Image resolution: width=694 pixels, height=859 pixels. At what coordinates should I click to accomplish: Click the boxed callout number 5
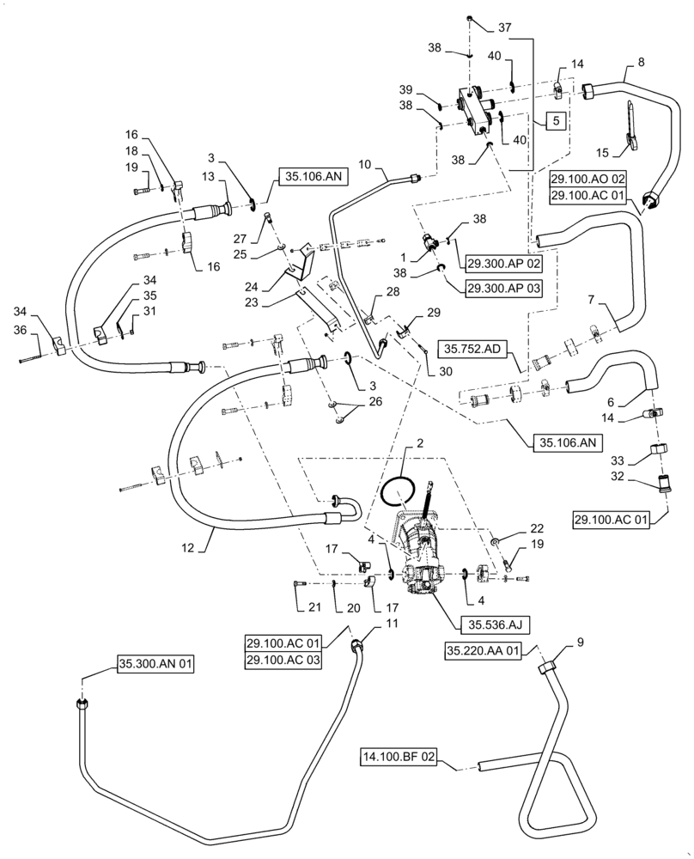(556, 122)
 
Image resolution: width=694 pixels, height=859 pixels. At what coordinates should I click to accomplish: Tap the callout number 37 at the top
(502, 27)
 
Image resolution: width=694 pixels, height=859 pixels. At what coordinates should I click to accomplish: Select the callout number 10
(363, 163)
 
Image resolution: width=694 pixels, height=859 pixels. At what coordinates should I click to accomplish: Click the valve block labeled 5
(477, 113)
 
